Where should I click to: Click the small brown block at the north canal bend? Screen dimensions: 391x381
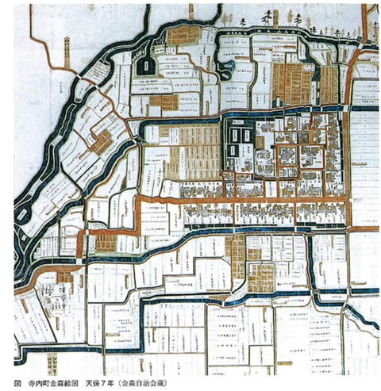pos(181,35)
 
